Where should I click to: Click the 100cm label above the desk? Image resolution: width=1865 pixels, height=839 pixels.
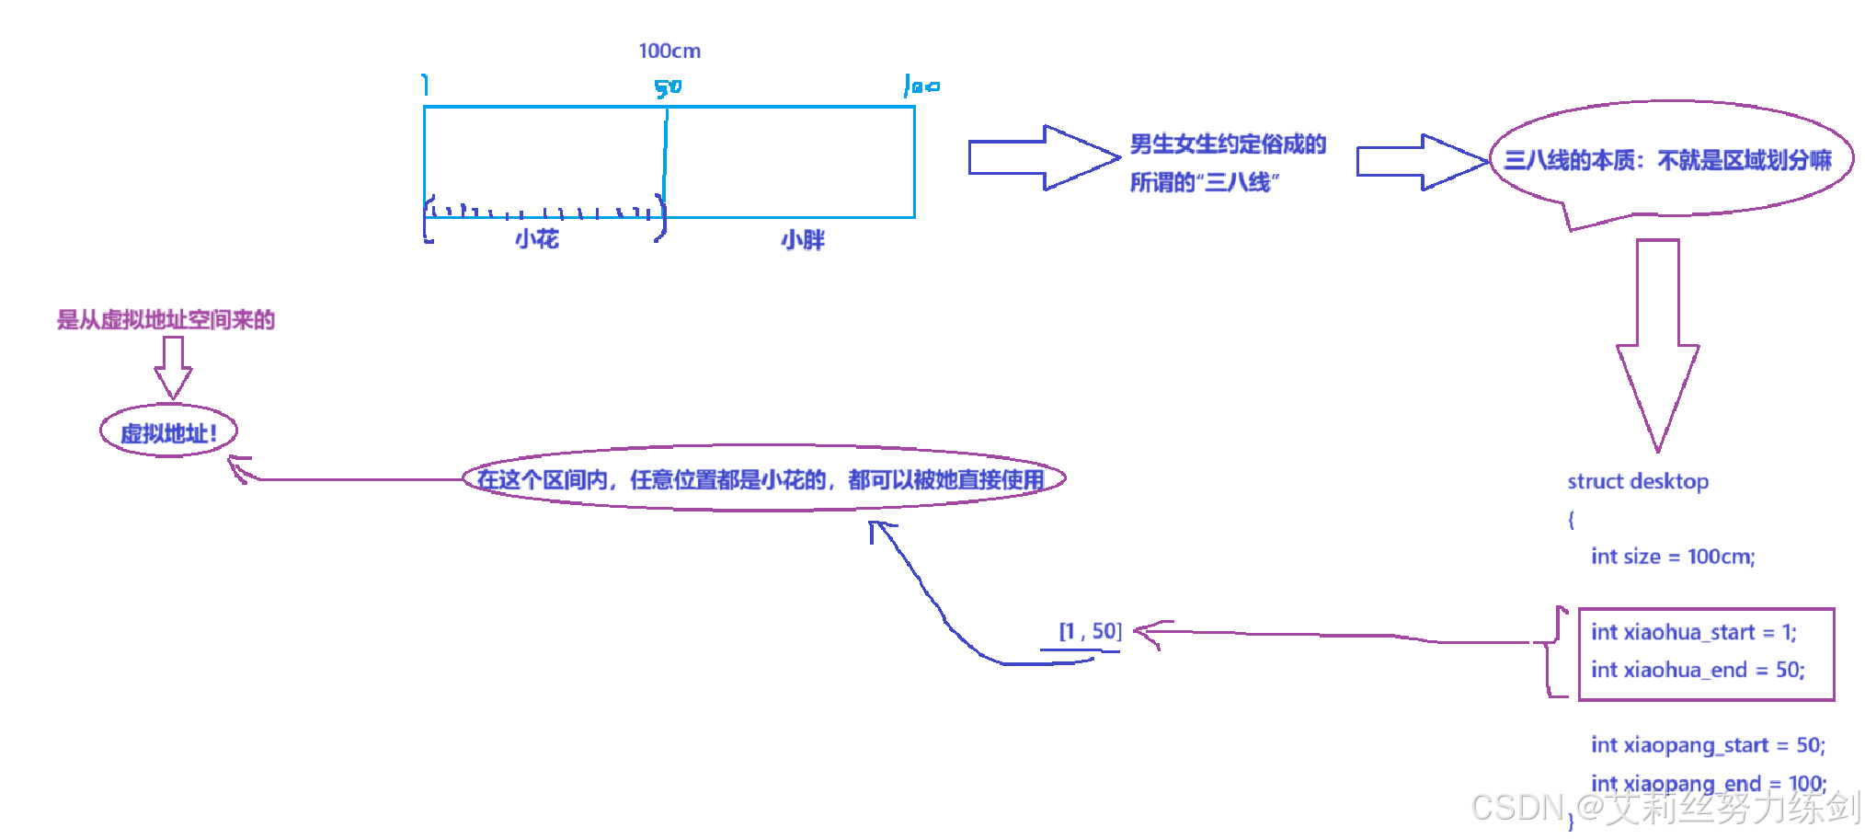tap(669, 52)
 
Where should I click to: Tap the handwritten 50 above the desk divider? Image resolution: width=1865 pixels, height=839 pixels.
tap(668, 87)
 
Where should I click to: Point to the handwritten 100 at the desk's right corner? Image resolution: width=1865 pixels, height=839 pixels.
tap(921, 86)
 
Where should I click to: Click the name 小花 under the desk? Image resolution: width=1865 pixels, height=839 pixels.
tap(537, 240)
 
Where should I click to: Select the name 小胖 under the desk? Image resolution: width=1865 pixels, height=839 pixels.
tap(803, 240)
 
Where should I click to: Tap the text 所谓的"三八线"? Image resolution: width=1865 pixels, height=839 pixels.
tap(1204, 182)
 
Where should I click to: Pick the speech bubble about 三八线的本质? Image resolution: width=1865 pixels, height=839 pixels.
tap(1669, 160)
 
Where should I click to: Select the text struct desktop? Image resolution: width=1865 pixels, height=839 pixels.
tap(1638, 481)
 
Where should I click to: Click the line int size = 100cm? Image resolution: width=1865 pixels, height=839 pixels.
tap(1673, 557)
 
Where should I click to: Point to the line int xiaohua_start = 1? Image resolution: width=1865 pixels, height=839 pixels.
tap(1693, 632)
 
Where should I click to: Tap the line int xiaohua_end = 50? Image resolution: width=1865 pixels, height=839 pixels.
tap(1698, 670)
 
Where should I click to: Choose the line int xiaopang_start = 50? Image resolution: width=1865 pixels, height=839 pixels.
tap(1708, 745)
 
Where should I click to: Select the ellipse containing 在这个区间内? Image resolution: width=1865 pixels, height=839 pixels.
tap(762, 479)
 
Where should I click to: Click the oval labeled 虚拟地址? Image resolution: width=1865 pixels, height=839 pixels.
tap(169, 432)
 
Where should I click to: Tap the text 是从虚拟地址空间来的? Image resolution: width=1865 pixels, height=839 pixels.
tap(166, 320)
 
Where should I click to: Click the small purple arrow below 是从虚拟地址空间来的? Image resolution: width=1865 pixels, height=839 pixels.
tap(173, 367)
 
